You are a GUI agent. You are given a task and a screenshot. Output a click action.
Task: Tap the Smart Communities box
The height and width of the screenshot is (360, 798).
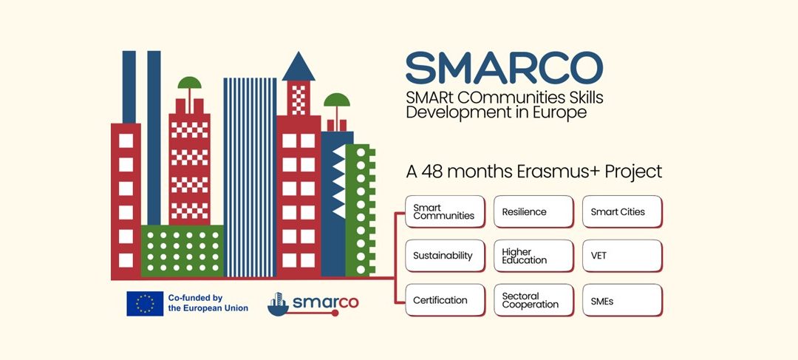(445, 211)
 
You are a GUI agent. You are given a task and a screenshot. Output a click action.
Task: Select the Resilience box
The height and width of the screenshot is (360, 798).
(533, 211)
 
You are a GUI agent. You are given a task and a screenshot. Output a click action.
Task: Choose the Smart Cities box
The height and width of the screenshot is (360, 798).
(622, 211)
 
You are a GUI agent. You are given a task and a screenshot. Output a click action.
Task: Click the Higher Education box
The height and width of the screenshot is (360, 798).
(533, 256)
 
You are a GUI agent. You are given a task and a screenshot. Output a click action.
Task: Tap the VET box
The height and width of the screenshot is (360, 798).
(622, 256)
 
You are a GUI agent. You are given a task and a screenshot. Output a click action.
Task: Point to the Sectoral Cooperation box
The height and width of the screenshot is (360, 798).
(533, 300)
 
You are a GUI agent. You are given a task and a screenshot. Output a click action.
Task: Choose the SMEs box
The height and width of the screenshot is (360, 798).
(622, 300)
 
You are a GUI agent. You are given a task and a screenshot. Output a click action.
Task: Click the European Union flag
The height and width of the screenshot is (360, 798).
(145, 303)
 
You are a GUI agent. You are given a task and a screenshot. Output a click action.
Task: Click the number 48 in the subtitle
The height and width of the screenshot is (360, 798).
(434, 171)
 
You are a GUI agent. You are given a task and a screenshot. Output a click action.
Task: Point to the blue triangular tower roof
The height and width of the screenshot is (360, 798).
(299, 67)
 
